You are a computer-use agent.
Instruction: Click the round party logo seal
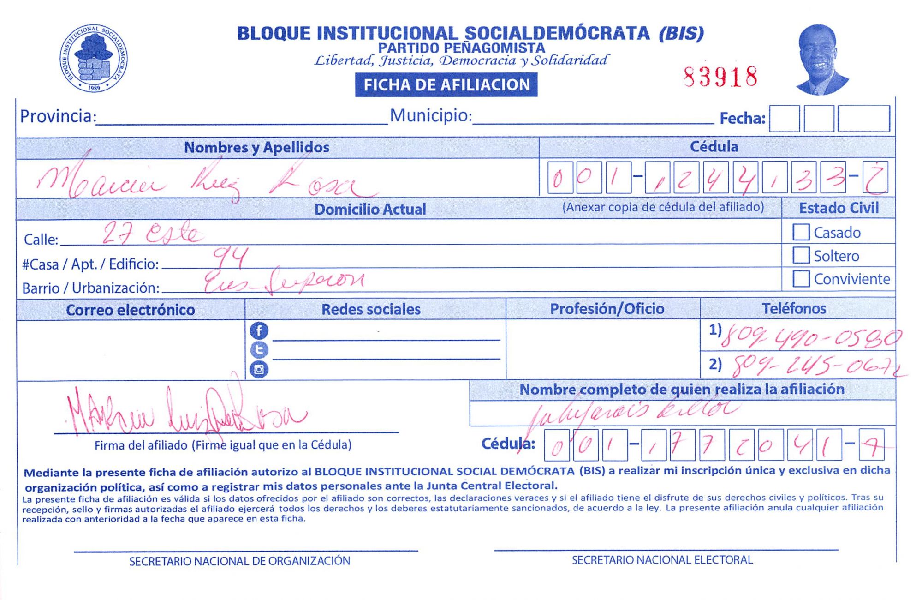pyautogui.click(x=94, y=58)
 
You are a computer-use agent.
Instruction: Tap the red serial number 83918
pyautogui.click(x=720, y=77)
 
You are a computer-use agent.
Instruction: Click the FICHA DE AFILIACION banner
pyautogui.click(x=446, y=85)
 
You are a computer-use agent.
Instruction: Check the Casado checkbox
pyautogui.click(x=801, y=232)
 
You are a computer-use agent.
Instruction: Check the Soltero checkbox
pyautogui.click(x=801, y=255)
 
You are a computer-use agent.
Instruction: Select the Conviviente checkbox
pyautogui.click(x=801, y=278)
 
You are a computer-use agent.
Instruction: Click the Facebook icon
pyautogui.click(x=259, y=330)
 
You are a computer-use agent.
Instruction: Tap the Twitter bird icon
pyautogui.click(x=259, y=350)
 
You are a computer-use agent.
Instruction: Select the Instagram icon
pyautogui.click(x=259, y=369)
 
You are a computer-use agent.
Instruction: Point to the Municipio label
pyautogui.click(x=430, y=115)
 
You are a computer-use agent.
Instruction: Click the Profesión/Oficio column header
pyautogui.click(x=607, y=309)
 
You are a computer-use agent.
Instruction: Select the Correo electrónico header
pyautogui.click(x=130, y=310)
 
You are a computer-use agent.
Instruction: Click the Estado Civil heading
pyautogui.click(x=839, y=208)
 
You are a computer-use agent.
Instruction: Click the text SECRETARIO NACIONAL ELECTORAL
pyautogui.click(x=662, y=560)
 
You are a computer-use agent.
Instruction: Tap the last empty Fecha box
pyautogui.click(x=863, y=119)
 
